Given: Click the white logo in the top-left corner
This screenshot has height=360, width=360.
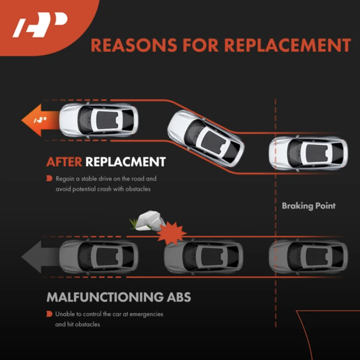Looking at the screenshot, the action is pyautogui.click(x=40, y=25).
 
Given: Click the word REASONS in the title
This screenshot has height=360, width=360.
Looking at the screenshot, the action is pyautogui.click(x=134, y=45).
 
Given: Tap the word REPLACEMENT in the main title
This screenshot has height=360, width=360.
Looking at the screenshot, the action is pyautogui.click(x=287, y=45).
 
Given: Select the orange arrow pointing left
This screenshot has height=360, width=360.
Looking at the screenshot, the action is pyautogui.click(x=40, y=120).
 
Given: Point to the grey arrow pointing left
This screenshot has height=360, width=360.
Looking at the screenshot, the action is pyautogui.click(x=40, y=257).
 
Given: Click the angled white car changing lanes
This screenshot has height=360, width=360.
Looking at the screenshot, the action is pyautogui.click(x=206, y=138).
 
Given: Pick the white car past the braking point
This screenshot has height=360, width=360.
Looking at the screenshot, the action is pyautogui.click(x=308, y=154).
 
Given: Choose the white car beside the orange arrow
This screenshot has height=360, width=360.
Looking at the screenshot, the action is pyautogui.click(x=99, y=120).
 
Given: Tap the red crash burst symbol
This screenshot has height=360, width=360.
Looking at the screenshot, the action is pyautogui.click(x=172, y=233).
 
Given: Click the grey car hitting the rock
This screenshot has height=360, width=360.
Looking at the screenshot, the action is pyautogui.click(x=204, y=257).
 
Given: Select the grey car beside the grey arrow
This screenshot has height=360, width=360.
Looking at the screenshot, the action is pyautogui.click(x=99, y=257).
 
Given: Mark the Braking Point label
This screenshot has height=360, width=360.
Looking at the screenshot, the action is pyautogui.click(x=309, y=206).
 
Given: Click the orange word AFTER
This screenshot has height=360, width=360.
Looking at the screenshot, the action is pyautogui.click(x=64, y=162).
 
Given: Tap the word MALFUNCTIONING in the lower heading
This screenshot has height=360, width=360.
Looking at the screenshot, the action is pyautogui.click(x=105, y=297).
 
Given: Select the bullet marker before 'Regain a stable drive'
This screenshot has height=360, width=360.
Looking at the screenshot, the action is pyautogui.click(x=50, y=178).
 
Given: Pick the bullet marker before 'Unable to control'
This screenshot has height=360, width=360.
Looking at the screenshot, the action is pyautogui.click(x=50, y=314).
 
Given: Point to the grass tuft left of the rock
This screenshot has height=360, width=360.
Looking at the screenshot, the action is pyautogui.click(x=134, y=224).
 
